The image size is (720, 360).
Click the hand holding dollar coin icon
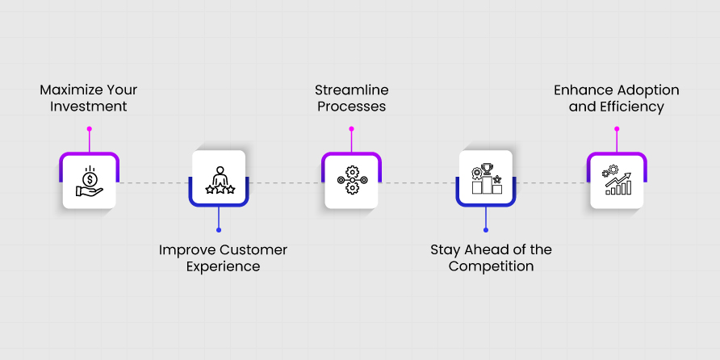[90, 181]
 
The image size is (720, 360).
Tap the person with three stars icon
[220, 180]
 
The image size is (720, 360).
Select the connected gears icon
[352, 180]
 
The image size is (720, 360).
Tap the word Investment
[89, 107]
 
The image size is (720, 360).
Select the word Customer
[253, 250]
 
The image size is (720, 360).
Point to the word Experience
[223, 267]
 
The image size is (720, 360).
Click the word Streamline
[352, 90]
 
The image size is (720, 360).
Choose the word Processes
[352, 107]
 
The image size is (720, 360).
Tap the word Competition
[491, 266]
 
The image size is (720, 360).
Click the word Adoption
[647, 90]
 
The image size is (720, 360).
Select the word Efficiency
[632, 107]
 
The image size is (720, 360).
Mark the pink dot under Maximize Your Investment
[89, 129]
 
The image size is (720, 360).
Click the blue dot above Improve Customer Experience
[219, 230]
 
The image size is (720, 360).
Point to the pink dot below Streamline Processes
[351, 129]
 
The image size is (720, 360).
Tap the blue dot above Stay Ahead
[486, 230]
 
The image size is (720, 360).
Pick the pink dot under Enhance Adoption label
[617, 129]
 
